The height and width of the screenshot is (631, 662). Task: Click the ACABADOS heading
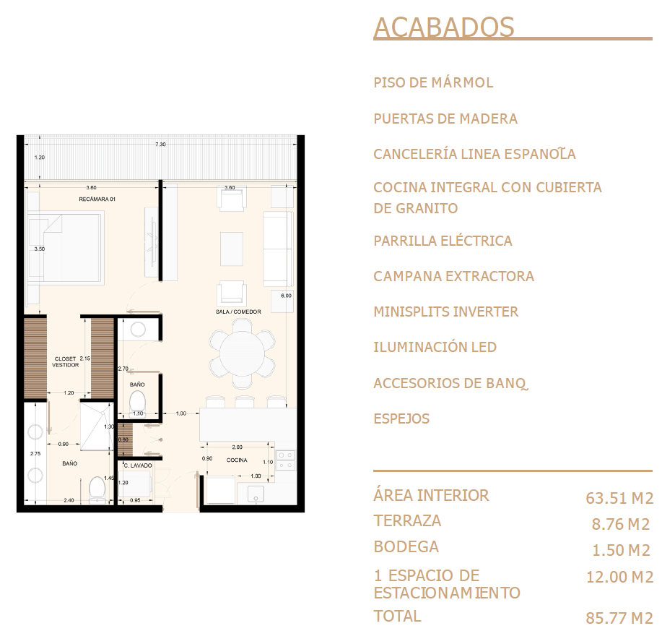coord(444,27)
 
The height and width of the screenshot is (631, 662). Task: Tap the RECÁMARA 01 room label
coord(97,199)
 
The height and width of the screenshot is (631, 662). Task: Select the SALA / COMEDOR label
coord(238,312)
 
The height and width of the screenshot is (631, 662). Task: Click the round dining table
coord(243,353)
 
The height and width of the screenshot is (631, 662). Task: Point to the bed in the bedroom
coord(66,248)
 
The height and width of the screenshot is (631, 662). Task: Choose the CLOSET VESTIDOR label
coord(66,362)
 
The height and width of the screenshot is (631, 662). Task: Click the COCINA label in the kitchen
coord(237,460)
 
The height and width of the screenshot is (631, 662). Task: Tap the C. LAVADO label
coord(138,465)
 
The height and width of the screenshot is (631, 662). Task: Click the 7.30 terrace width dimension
coord(160,144)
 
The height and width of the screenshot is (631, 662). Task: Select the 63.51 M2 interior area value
coord(619,498)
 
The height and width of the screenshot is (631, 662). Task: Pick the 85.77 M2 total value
coord(619,618)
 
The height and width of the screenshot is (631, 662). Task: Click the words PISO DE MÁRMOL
coord(433,82)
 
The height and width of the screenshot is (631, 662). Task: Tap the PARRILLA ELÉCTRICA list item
coord(443,241)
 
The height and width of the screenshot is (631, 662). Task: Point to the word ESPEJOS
coord(401,418)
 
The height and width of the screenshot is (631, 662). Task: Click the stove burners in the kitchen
coord(285,460)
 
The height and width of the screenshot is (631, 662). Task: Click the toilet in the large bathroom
coord(97,489)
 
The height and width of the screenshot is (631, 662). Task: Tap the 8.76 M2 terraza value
coord(621,525)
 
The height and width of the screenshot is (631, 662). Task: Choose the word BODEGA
coord(406,547)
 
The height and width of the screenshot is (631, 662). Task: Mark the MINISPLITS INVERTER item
coord(446,312)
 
